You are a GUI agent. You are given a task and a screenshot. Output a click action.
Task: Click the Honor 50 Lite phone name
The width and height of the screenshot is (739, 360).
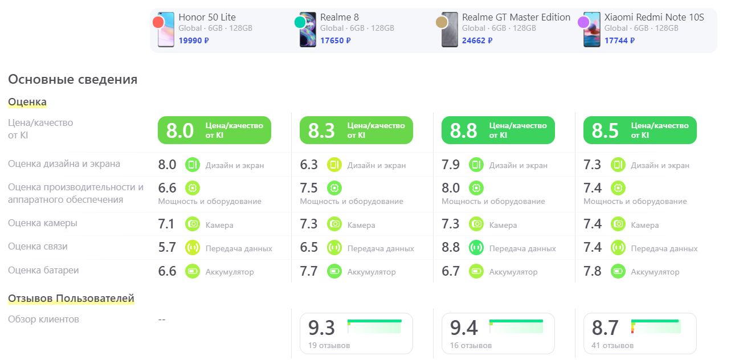(207, 17)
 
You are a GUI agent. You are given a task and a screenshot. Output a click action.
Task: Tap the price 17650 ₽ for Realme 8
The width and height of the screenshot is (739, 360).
(335, 40)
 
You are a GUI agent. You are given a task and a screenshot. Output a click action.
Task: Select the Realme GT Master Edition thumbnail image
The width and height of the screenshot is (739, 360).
(450, 30)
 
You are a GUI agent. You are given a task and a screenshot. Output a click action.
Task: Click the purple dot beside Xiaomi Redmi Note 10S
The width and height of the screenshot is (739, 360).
(583, 22)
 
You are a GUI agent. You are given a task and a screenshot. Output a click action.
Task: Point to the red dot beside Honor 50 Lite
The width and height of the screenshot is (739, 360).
(158, 22)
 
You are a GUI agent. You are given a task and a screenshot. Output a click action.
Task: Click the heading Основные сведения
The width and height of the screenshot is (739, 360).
(72, 79)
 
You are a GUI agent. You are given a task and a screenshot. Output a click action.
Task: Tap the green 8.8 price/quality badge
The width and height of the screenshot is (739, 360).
(497, 130)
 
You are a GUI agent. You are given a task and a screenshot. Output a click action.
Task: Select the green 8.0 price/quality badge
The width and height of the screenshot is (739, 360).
(214, 130)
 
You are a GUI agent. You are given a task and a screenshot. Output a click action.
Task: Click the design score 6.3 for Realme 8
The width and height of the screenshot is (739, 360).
(309, 165)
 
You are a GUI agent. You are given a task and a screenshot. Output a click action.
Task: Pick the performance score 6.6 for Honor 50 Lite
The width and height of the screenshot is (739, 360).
(167, 188)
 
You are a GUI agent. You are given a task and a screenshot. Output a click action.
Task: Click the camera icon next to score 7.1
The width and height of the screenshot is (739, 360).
(193, 224)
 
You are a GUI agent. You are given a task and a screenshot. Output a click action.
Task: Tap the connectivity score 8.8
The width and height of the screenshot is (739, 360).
(450, 248)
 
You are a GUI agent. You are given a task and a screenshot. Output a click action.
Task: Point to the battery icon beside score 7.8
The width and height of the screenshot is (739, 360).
(618, 271)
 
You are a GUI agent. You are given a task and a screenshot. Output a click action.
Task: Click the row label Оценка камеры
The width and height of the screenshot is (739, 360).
(43, 223)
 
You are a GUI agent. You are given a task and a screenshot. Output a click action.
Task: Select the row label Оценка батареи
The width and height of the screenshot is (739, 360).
(43, 271)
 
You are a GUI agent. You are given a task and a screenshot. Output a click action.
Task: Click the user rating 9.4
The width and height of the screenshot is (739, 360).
(464, 328)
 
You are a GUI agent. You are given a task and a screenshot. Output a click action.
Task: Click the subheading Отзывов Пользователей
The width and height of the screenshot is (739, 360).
(71, 298)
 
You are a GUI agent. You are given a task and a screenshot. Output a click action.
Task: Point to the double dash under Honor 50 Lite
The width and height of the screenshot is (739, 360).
(162, 320)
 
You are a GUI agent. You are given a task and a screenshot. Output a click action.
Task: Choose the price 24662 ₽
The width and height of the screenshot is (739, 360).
(477, 40)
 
